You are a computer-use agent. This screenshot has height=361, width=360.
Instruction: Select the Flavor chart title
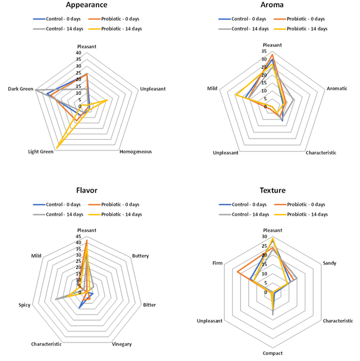click(x=87, y=190)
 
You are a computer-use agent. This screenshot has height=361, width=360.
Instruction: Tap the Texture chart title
click(x=273, y=190)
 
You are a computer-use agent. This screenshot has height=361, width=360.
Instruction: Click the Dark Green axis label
click(x=20, y=89)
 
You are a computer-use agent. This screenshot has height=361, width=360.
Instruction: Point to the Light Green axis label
click(x=41, y=152)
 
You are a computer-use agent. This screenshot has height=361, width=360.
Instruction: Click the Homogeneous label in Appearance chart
click(x=136, y=152)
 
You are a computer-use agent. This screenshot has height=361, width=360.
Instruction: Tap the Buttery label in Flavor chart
click(x=140, y=256)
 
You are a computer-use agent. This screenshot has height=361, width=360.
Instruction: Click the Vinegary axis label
click(x=121, y=344)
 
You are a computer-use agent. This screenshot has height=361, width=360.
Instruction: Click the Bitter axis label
click(x=149, y=305)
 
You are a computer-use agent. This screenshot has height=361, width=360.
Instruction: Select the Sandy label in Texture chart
click(x=329, y=262)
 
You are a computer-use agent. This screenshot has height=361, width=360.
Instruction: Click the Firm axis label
click(x=217, y=262)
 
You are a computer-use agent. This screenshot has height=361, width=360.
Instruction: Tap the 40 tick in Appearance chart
click(x=78, y=53)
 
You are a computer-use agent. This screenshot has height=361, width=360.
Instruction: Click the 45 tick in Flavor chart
click(x=78, y=237)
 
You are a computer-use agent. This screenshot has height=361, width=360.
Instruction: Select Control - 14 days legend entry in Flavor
click(x=61, y=214)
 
